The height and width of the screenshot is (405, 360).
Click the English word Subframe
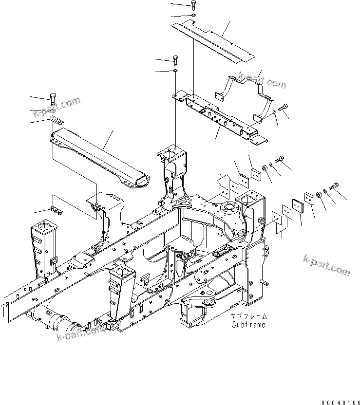tap(248, 325)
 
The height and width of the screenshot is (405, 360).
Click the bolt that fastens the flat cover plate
tap(194, 5)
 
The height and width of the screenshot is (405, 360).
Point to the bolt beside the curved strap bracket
tap(284, 109)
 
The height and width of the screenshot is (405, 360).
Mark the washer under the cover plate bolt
tap(194, 16)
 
